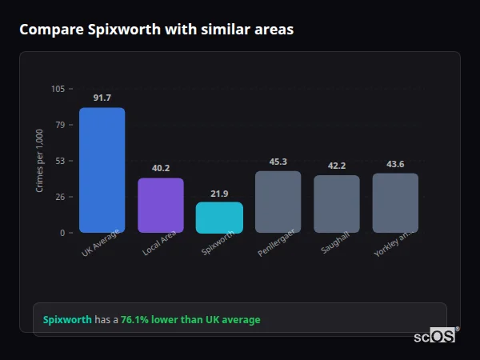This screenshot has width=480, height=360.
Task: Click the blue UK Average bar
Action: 102,170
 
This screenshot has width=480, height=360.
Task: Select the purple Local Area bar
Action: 161,206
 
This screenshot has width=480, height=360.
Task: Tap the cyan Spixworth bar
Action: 219,218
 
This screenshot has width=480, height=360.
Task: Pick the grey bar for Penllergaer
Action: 278,202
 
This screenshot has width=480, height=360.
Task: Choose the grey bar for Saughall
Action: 337,204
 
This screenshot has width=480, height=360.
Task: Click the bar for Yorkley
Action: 395,203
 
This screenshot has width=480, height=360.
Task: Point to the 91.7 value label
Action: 102,98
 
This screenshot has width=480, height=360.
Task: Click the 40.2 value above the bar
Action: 161,168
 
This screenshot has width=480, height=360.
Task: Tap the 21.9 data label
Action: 219,194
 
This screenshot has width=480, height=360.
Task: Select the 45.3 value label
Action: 278,162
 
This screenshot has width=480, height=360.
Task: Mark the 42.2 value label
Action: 337,166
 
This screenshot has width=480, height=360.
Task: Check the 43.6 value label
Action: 395,164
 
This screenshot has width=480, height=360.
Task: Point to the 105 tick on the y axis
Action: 58,89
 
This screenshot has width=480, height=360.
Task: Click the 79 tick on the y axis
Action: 61,125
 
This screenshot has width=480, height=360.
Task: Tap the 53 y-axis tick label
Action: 61,161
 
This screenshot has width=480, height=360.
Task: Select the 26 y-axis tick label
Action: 61,197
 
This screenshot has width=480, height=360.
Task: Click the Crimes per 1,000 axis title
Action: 39,161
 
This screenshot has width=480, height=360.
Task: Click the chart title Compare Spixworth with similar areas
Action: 156,30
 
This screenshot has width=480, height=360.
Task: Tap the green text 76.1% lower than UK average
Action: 190,319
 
